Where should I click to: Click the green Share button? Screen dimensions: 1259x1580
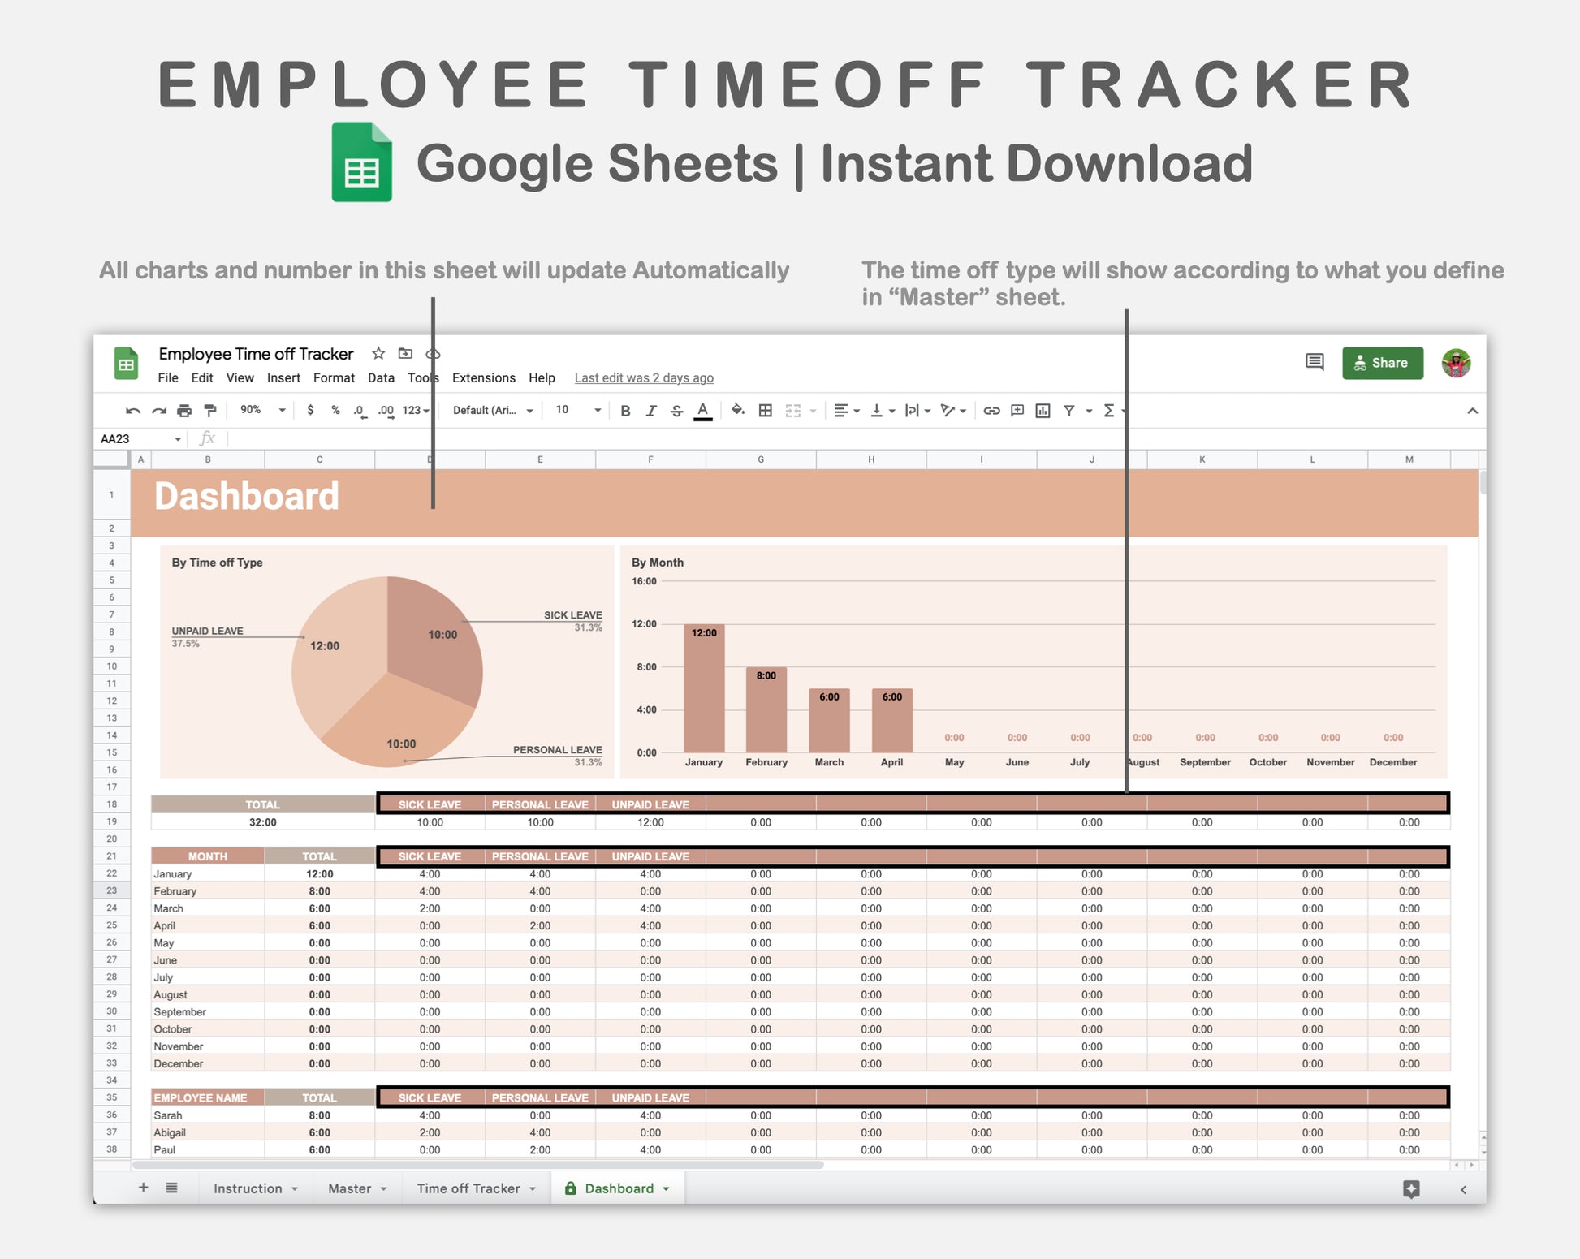point(1382,363)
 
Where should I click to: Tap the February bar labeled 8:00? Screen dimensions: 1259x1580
point(766,709)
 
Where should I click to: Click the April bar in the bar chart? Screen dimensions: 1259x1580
point(891,720)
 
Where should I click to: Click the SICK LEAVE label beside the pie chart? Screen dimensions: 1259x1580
point(572,615)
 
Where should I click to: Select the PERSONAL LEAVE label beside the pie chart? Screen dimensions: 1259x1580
point(557,750)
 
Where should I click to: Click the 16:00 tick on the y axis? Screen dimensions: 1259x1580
point(644,581)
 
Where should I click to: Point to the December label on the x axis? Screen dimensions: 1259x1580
point(1392,762)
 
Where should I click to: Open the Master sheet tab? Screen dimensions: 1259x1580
point(350,1188)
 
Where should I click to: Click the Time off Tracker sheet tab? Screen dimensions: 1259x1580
point(468,1188)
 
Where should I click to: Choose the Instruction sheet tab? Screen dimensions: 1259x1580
point(248,1188)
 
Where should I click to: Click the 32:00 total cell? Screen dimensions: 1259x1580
point(262,822)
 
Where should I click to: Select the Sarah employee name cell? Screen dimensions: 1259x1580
point(169,1115)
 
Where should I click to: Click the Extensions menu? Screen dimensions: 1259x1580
point(483,378)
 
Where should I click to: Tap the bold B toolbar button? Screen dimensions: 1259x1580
point(625,411)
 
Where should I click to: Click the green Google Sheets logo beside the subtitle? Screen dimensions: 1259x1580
point(362,162)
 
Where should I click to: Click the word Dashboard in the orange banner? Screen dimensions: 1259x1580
point(246,496)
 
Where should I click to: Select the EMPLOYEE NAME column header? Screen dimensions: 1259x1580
point(201,1097)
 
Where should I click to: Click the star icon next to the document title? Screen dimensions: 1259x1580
point(378,354)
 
